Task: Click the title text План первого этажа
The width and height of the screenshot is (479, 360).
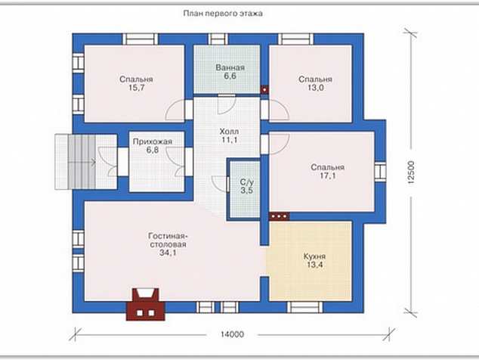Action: coord(223,14)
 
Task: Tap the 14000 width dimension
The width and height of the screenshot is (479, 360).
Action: coord(232,334)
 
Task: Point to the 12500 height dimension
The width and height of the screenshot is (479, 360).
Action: coord(411,172)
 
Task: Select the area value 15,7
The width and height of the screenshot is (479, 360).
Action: coord(136,88)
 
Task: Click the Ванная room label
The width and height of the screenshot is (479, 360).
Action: coord(230,67)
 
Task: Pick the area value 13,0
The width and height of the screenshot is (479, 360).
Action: coord(316,88)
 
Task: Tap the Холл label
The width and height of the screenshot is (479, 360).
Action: coord(229,132)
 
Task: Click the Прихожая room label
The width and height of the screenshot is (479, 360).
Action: coord(153,141)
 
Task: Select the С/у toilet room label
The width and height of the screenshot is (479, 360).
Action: coord(246,182)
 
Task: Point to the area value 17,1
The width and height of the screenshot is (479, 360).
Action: coord(328,176)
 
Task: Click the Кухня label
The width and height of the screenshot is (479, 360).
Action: coord(314,256)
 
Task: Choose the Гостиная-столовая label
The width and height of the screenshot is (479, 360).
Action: coord(168,241)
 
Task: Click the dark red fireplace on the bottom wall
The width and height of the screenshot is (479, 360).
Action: coord(146,304)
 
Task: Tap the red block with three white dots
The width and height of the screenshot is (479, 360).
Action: coord(279,216)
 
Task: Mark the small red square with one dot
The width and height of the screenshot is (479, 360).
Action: coord(264,89)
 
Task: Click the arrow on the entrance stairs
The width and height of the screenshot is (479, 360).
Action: coord(82,163)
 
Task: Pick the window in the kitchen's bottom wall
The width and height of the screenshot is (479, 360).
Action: coord(304,307)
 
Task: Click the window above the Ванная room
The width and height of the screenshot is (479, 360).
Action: coord(218,39)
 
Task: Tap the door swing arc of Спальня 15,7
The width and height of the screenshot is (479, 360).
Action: coord(175,110)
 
